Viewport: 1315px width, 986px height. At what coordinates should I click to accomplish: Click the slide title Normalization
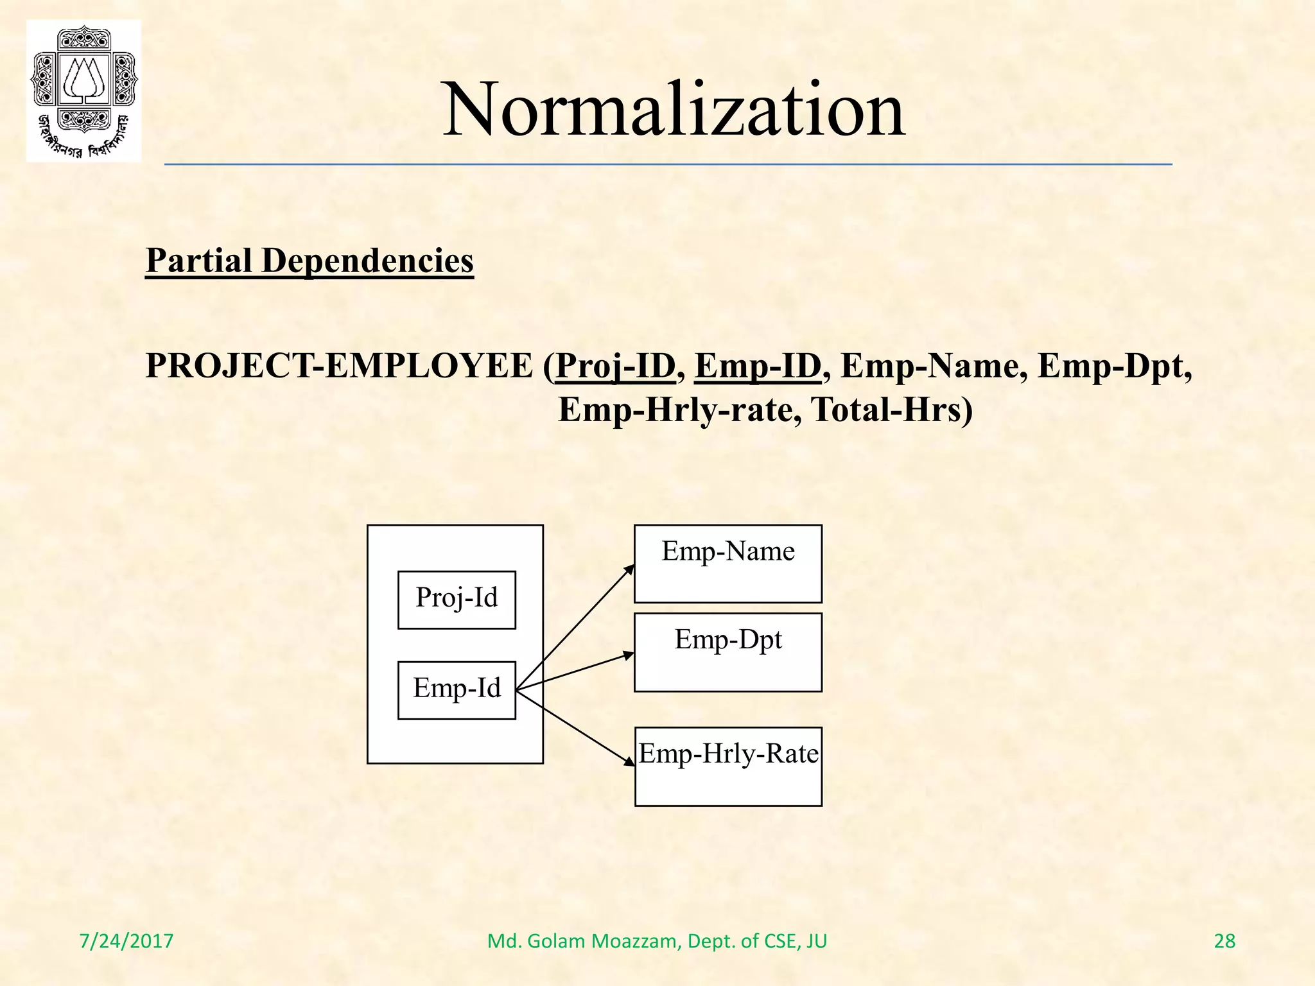(674, 109)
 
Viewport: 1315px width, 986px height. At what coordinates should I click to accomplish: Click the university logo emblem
(83, 91)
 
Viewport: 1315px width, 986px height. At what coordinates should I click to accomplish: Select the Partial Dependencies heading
(309, 261)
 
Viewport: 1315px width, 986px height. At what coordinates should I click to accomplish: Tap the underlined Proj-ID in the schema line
(615, 367)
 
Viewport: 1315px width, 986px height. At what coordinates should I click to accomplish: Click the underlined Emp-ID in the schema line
(758, 367)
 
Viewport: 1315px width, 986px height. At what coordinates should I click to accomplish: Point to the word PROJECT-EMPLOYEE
(339, 367)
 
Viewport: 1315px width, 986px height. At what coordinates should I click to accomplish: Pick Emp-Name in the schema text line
(930, 367)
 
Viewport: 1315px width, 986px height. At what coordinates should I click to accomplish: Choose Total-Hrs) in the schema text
(893, 410)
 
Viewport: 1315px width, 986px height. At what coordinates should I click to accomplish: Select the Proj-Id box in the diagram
(457, 600)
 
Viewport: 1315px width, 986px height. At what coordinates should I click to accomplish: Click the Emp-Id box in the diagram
(457, 690)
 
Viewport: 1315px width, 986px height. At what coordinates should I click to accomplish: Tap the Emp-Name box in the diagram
(728, 564)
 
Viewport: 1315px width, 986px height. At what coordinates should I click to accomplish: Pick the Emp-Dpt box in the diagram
(728, 652)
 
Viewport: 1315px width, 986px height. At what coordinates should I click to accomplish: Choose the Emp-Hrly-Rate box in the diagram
(728, 766)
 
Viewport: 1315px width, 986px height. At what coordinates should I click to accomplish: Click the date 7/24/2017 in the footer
(126, 941)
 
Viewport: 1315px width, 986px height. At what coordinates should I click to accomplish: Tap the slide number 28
(1224, 941)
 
